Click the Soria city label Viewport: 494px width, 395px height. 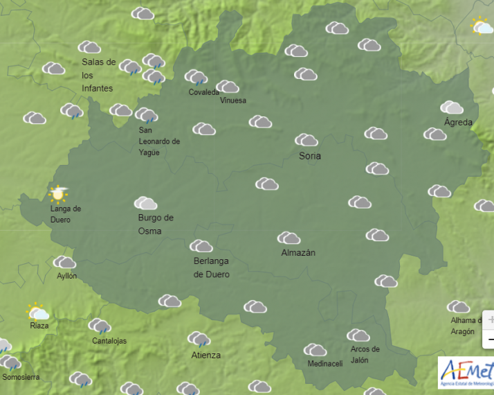309,156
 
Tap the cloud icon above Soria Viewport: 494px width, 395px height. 306,141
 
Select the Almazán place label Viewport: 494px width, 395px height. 298,253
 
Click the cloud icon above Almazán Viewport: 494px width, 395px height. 289,238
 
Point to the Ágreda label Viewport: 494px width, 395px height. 458,123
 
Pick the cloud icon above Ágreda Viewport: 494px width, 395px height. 452,107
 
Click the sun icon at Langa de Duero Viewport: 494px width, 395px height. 59,194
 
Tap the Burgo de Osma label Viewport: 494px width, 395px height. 155,224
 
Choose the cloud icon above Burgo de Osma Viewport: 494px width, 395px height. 145,203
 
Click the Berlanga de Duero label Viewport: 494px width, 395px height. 211,267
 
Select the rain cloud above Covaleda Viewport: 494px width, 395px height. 196,78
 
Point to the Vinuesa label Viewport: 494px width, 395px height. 232,100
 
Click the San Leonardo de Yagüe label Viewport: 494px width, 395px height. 158,141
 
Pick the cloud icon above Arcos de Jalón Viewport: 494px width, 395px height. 358,336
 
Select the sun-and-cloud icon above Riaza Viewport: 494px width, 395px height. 37,312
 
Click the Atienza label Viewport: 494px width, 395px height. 205,355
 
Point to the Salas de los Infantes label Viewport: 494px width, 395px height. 98,75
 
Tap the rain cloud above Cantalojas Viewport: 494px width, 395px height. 100,326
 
